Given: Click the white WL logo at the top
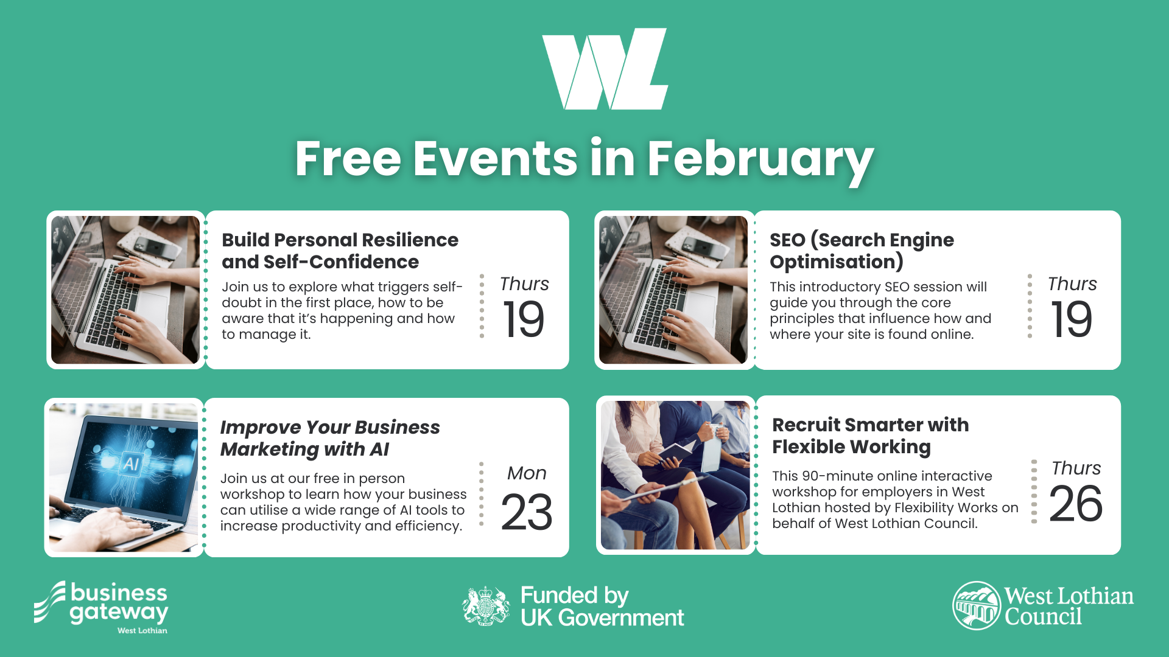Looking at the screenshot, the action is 605,69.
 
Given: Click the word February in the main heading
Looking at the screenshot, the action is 760,160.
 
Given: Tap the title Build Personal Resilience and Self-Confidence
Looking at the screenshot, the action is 340,251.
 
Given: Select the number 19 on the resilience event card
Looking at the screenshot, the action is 523,319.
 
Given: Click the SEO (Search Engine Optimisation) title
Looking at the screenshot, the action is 862,251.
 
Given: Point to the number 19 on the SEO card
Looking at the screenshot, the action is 1072,319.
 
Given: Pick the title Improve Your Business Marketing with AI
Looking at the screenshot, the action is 330,438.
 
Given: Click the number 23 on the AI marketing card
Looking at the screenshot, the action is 527,512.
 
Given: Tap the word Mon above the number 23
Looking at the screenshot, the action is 527,473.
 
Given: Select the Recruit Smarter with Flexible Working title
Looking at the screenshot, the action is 870,436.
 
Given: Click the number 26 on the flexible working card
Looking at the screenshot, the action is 1076,504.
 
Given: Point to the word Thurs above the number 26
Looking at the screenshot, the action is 1076,468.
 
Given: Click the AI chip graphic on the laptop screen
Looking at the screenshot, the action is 131,464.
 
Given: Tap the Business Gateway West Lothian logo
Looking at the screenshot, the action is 101,608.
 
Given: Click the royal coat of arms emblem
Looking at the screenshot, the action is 485,606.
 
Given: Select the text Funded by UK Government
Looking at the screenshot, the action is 602,607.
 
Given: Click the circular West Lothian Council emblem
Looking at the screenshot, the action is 977,606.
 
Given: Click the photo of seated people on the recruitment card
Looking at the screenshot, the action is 675,475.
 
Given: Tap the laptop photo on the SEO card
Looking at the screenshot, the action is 673,290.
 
